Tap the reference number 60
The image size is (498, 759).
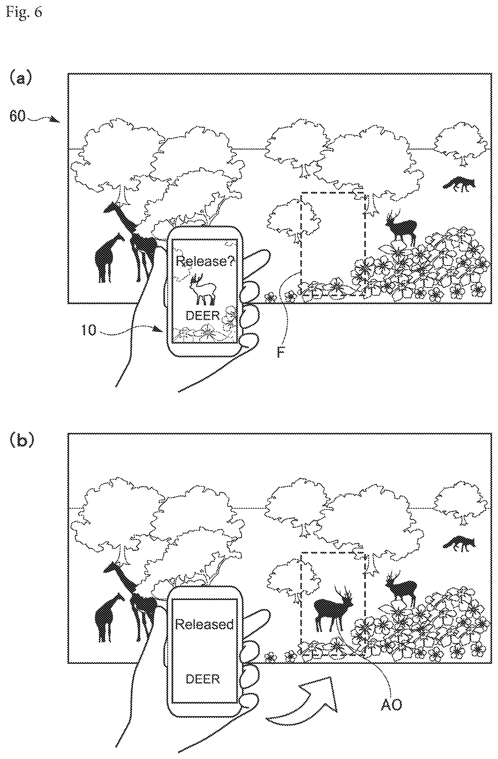tap(17, 116)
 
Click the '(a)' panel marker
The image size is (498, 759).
tap(21, 78)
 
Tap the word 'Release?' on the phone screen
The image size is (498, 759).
tap(206, 262)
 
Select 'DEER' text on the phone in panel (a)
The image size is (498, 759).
tap(203, 316)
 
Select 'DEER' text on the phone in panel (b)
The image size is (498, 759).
tap(203, 679)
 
